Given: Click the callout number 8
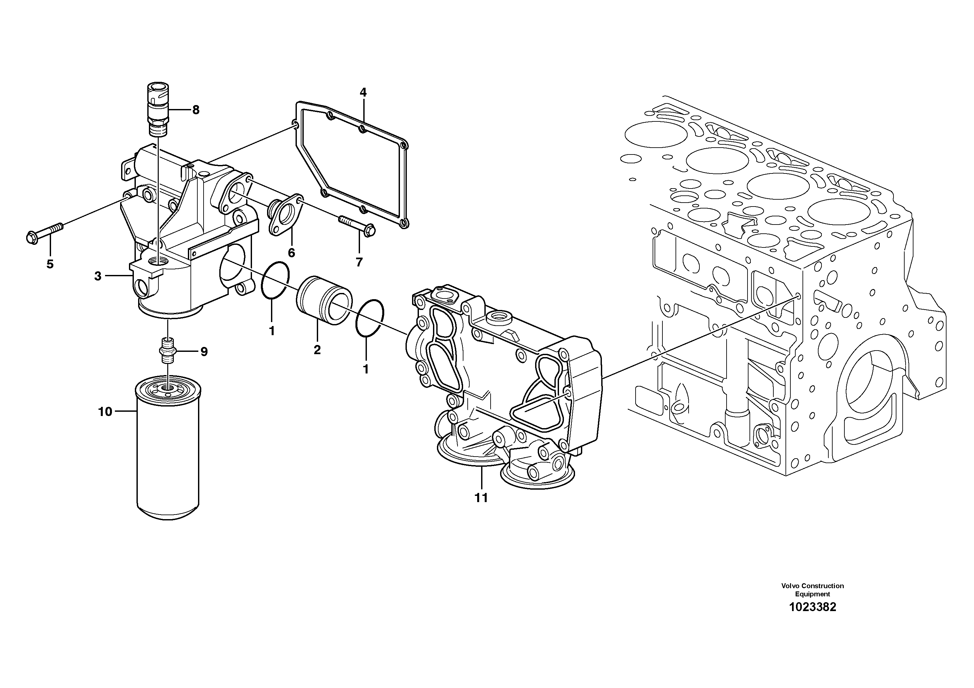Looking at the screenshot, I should [x=196, y=110].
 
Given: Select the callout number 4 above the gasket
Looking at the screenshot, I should [x=363, y=92].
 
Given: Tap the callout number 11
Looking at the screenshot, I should [x=481, y=498].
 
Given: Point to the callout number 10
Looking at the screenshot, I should [x=105, y=411].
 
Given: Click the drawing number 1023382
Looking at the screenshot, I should [x=812, y=607].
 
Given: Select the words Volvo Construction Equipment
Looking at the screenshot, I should [x=812, y=589].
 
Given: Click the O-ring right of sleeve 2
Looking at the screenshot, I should [x=370, y=318].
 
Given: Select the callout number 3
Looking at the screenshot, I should [x=98, y=276].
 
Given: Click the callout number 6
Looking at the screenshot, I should [x=291, y=253].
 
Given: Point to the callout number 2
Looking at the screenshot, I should [x=317, y=350].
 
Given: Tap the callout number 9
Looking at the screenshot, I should [x=204, y=351].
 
